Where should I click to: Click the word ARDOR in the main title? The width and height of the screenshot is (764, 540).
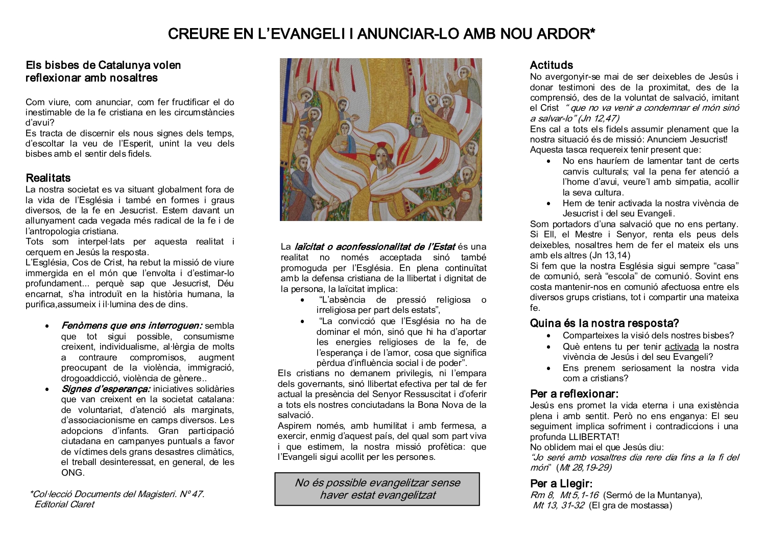pos(566,34)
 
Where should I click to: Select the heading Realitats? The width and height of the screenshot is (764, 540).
pos(48,178)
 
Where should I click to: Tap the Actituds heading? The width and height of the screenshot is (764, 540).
pos(552,65)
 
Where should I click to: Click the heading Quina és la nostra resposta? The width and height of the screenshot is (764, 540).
pos(604,324)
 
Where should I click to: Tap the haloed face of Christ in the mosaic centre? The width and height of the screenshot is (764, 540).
pos(380,153)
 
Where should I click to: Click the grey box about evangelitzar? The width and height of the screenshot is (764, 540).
pos(377,489)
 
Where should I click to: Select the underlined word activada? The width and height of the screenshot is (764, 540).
pos(681,347)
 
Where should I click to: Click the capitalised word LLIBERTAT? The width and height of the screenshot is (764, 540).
pos(594,437)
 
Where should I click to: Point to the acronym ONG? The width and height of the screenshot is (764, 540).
pos(71,473)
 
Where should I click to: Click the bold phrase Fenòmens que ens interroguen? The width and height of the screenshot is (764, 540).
pos(132,326)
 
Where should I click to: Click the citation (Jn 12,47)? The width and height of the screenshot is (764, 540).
pos(599,118)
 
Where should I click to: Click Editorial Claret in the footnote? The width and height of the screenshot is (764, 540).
pos(64,504)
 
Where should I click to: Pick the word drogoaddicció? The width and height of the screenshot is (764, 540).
pos(90,378)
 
